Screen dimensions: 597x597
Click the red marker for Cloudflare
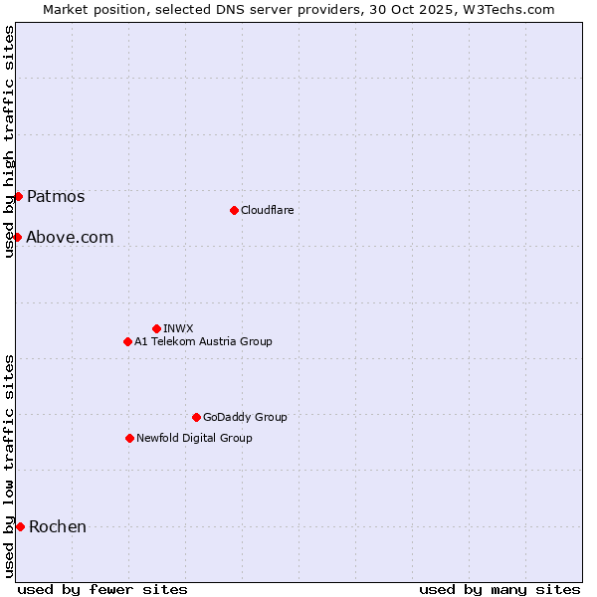[234, 210]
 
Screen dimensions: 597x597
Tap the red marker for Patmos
[18, 196]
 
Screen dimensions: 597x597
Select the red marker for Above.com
[17, 237]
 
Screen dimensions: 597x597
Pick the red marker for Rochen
[20, 526]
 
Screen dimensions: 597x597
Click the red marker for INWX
[156, 328]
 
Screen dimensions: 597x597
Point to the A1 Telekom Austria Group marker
[127, 341]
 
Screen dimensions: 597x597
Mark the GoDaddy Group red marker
[196, 417]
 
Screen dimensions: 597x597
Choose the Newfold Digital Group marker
[129, 438]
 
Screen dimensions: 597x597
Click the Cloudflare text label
[267, 210]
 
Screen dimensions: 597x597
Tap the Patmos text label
[56, 196]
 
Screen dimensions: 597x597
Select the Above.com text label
[70, 237]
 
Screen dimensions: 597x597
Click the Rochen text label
[58, 526]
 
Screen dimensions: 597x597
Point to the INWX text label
[178, 328]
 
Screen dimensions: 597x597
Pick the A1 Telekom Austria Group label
[203, 341]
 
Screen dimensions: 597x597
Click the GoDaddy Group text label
[245, 417]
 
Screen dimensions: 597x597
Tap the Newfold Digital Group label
[194, 438]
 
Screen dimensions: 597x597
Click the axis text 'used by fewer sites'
[102, 589]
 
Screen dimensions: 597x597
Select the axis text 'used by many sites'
[499, 589]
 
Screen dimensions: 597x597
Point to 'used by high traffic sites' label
[9, 142]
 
